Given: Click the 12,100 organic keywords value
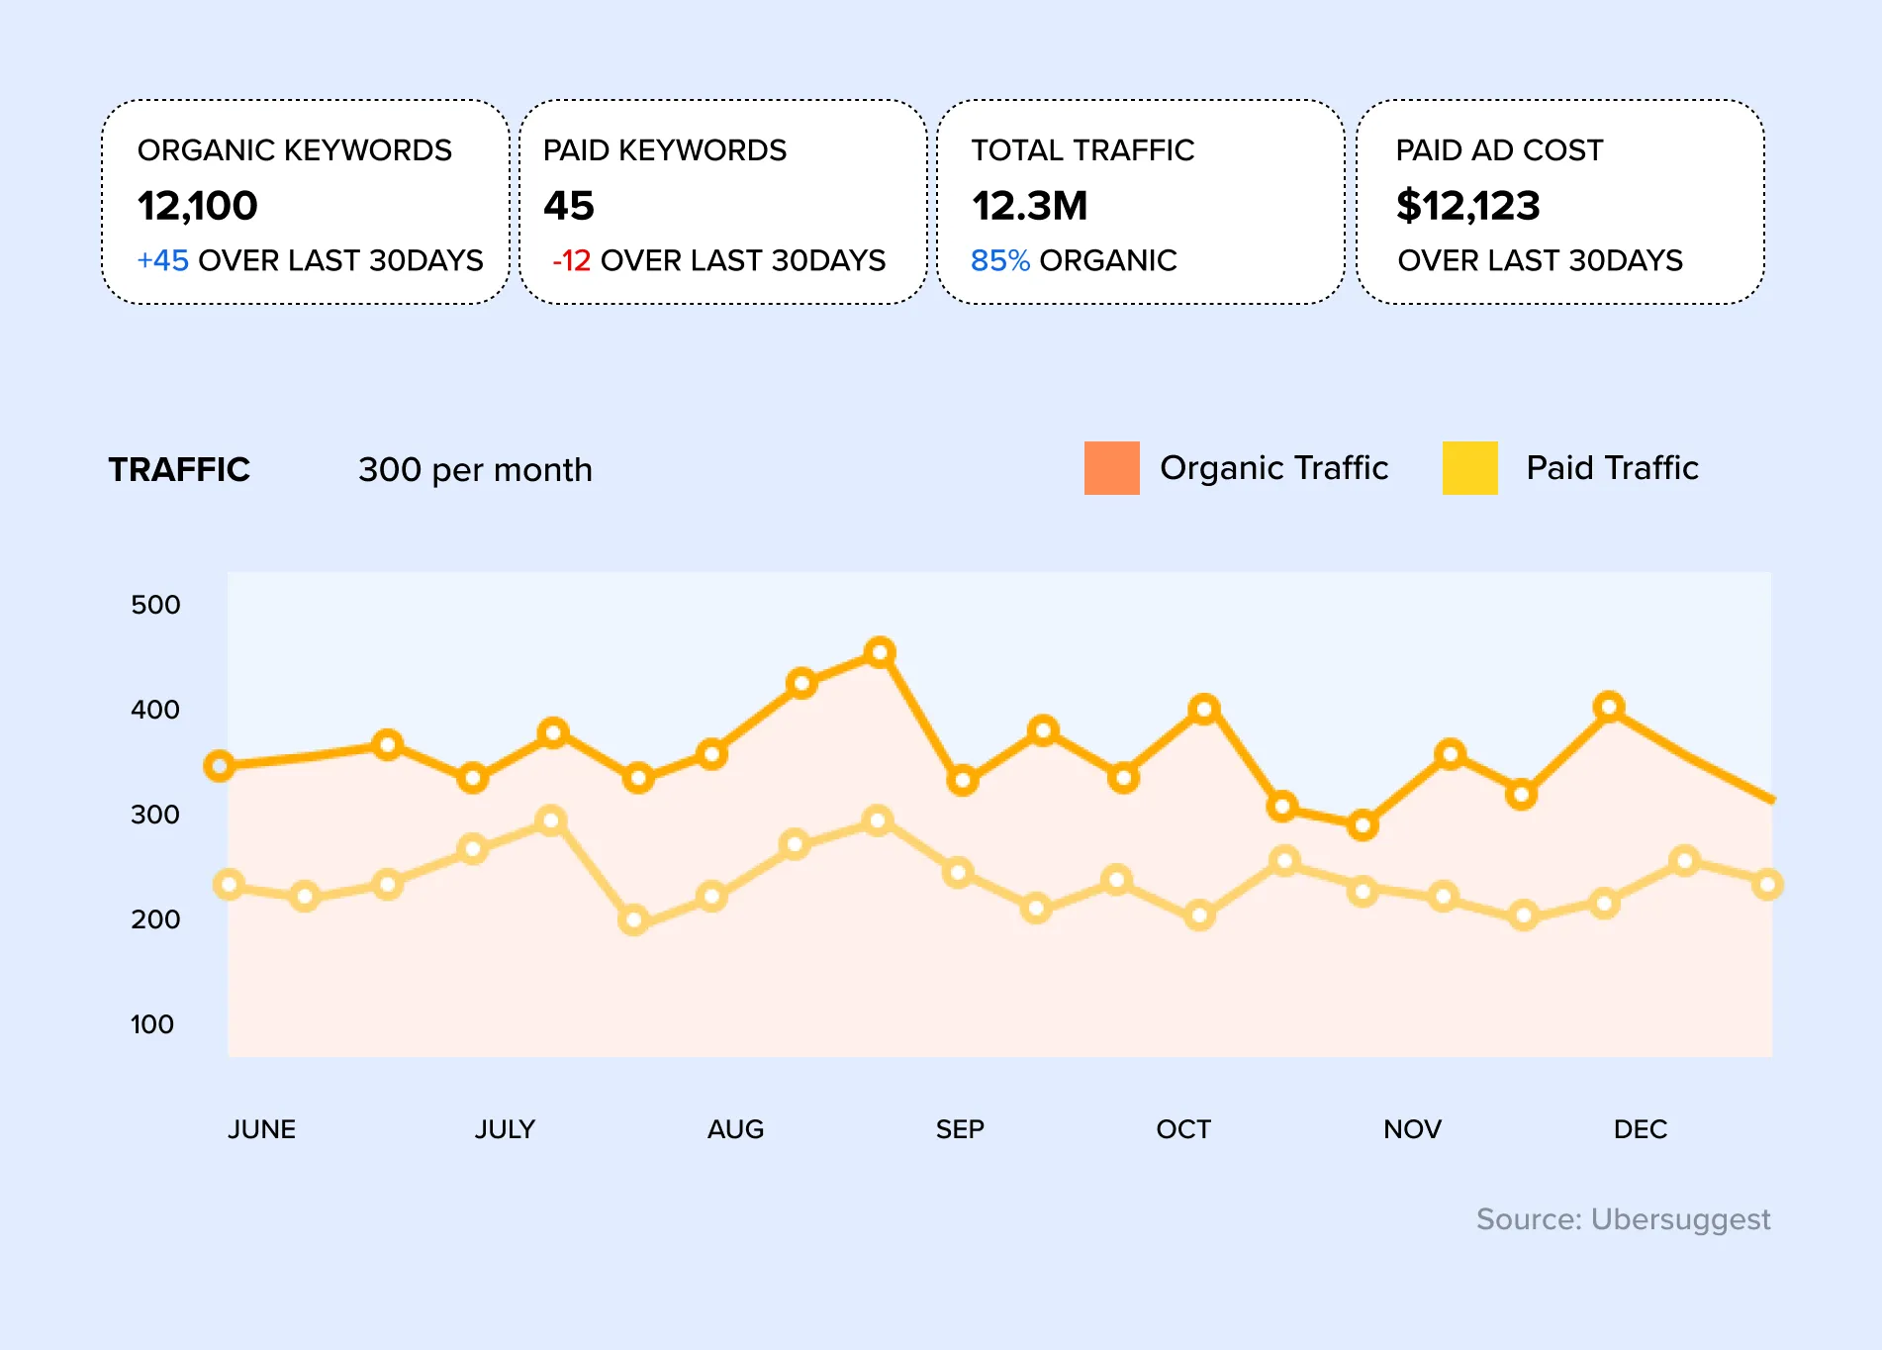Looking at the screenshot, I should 197,206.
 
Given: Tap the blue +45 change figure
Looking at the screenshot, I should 162,260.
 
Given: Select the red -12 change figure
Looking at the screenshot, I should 571,260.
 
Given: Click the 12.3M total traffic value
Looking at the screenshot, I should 1029,206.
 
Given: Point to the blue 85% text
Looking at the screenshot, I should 999,260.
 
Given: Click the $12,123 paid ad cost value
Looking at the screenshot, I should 1467,206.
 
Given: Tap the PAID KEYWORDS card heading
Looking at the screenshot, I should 664,150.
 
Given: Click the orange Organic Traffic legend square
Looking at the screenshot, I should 1111,468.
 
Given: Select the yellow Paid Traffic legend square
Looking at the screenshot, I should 1469,468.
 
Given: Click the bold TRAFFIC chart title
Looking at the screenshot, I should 179,469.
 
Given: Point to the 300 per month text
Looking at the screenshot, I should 475,469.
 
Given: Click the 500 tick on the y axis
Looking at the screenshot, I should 155,605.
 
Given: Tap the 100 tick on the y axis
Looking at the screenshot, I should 152,1024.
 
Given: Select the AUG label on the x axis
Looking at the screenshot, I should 735,1129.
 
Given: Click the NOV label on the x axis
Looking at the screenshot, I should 1412,1129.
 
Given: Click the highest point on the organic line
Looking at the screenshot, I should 880,652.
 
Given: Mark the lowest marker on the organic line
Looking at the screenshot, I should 1363,824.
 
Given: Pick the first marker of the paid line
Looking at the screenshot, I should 229,884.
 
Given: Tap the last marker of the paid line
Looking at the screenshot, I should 1767,884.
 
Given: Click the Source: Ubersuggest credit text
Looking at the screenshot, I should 1623,1218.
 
